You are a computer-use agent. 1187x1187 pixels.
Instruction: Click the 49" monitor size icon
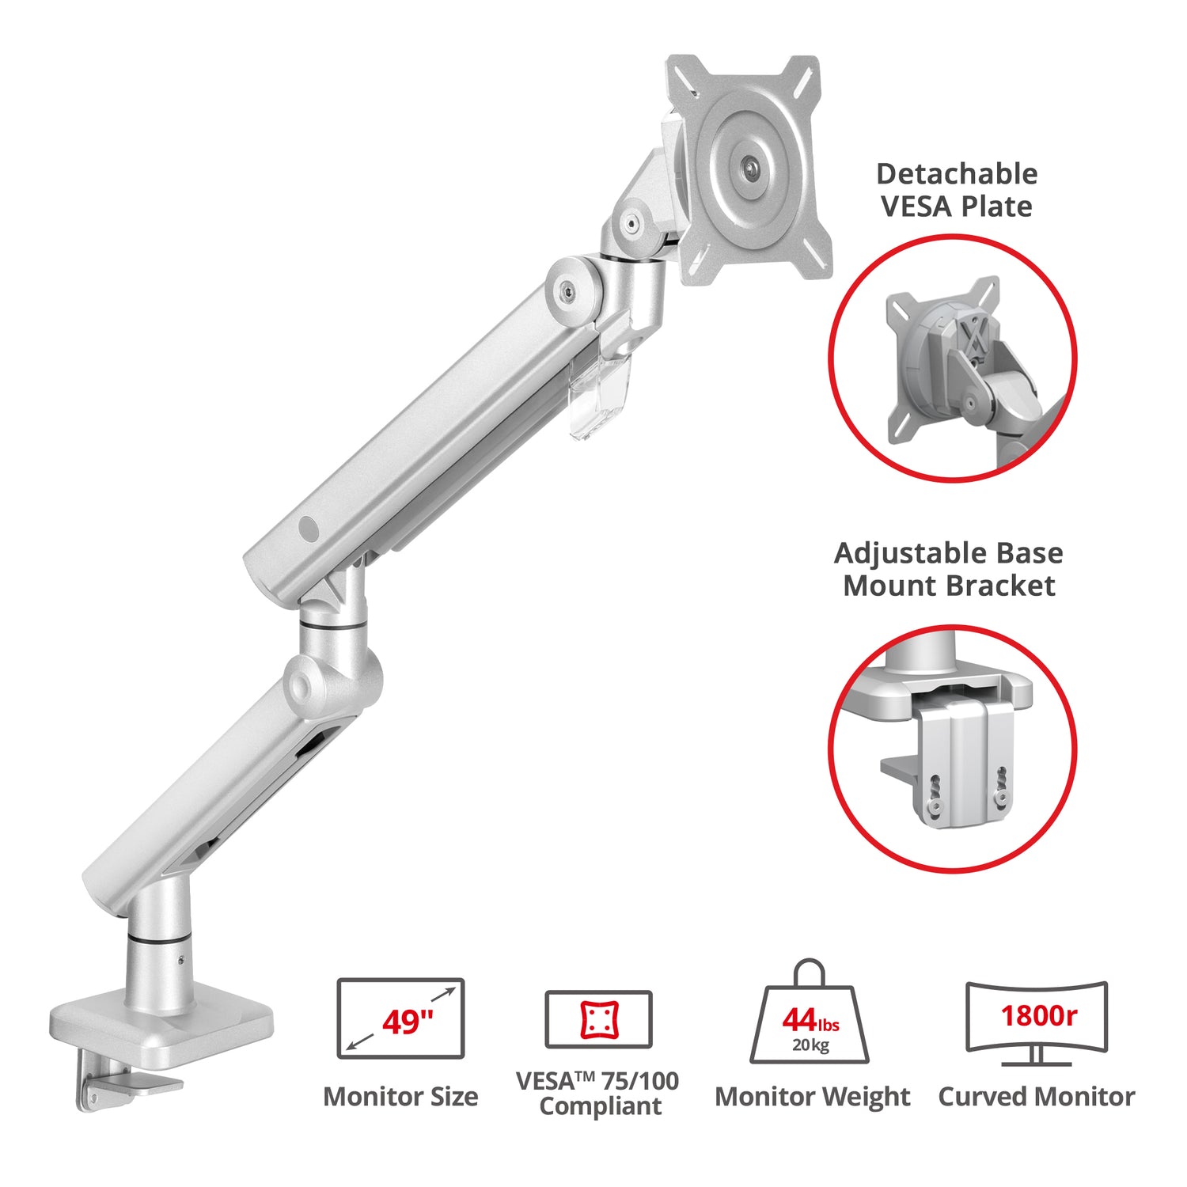pyautogui.click(x=400, y=1018)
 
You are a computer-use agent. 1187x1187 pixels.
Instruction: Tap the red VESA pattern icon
pyautogui.click(x=599, y=1019)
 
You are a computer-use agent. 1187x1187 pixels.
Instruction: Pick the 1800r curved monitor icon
pyautogui.click(x=1037, y=1023)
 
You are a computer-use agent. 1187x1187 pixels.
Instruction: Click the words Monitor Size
pyautogui.click(x=400, y=1097)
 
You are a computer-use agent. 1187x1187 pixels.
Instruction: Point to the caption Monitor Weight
pyautogui.click(x=813, y=1098)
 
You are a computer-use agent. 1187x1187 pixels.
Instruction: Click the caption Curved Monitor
pyautogui.click(x=1037, y=1097)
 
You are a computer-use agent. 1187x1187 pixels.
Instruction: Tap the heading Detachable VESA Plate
pyautogui.click(x=957, y=190)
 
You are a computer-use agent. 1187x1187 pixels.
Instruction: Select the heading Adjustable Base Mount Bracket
pyautogui.click(x=949, y=569)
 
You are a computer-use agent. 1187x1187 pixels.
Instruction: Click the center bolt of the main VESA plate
pyautogui.click(x=748, y=168)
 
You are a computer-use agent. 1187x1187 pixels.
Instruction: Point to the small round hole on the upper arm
pyautogui.click(x=308, y=529)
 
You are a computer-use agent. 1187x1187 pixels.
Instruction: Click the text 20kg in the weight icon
pyautogui.click(x=810, y=1045)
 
